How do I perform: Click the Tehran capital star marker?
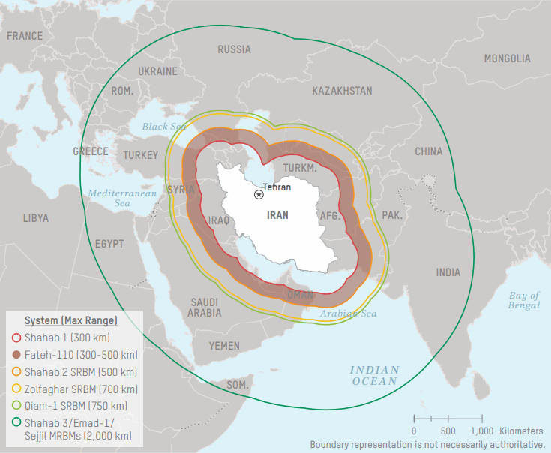click(259, 194)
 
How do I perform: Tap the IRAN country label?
click(277, 214)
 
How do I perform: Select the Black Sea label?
click(164, 127)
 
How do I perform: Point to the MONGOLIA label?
click(507, 58)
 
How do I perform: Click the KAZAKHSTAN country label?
click(342, 91)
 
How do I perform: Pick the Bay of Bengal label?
click(523, 300)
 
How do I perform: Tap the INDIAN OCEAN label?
click(374, 376)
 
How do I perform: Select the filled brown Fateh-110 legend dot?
click(16, 354)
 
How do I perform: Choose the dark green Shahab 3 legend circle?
click(16, 423)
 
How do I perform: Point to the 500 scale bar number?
click(448, 431)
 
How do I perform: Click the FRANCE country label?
click(25, 36)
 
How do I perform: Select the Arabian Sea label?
click(349, 313)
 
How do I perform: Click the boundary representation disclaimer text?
click(427, 444)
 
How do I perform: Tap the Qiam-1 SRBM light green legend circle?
click(16, 406)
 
